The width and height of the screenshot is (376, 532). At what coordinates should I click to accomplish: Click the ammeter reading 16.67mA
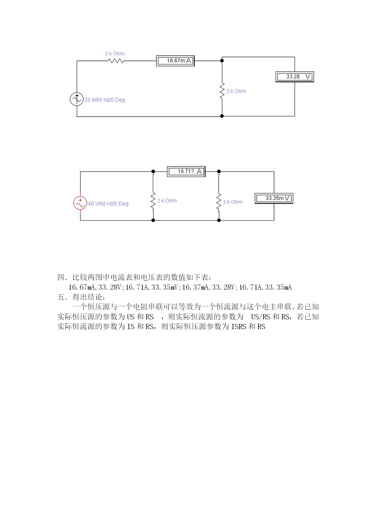(x=175, y=61)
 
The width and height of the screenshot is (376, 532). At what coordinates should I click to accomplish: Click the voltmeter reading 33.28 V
(x=294, y=77)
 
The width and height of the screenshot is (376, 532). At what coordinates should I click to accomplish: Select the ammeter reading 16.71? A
(x=186, y=171)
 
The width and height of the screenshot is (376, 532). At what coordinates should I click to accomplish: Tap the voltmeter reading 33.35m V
(x=274, y=198)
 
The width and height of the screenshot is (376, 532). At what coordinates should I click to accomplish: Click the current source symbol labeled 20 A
(x=77, y=99)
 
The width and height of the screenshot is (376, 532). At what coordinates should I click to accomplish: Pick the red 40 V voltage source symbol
(x=80, y=203)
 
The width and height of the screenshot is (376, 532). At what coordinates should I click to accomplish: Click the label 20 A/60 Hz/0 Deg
(x=105, y=100)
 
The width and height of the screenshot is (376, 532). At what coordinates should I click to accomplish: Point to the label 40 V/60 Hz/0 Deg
(x=108, y=204)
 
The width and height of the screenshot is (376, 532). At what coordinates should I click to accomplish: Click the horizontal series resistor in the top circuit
(x=116, y=61)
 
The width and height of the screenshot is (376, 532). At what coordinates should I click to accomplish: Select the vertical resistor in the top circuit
(x=222, y=90)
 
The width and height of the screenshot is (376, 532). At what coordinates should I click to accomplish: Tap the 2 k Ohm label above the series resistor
(x=115, y=54)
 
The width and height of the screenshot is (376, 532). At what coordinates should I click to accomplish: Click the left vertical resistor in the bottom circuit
(x=153, y=200)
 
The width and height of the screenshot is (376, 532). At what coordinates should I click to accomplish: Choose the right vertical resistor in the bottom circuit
(x=219, y=202)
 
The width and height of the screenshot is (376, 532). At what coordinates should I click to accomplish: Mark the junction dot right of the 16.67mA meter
(x=222, y=61)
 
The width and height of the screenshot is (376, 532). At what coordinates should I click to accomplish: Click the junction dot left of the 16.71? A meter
(x=153, y=171)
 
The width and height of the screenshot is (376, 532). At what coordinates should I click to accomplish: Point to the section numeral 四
(x=61, y=277)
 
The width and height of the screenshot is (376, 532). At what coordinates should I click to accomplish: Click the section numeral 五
(x=61, y=297)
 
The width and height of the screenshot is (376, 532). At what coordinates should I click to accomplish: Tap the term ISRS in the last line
(x=239, y=327)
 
